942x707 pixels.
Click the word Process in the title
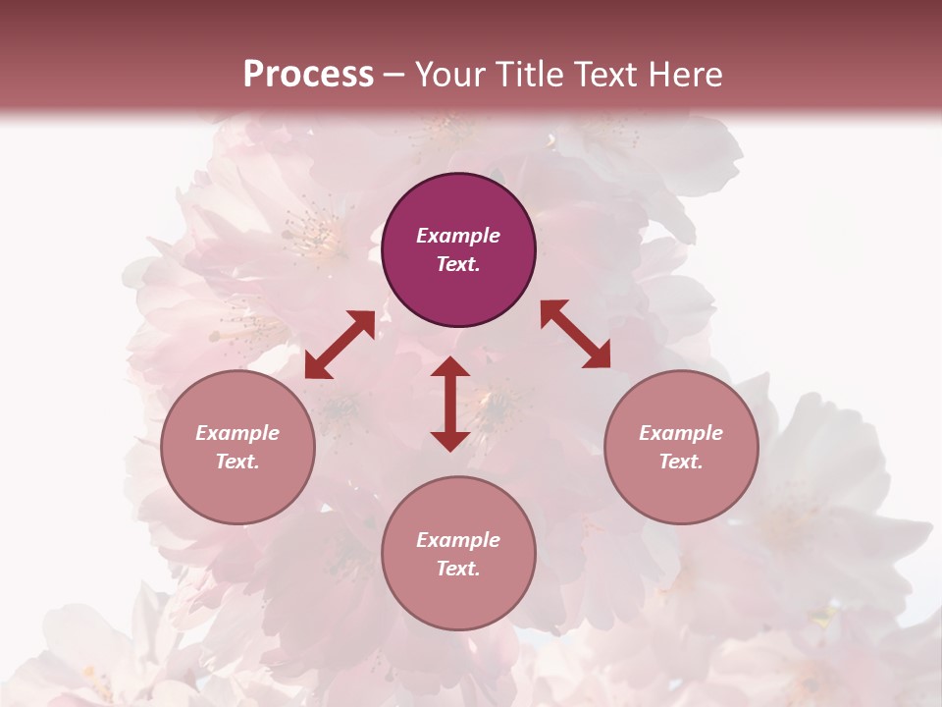coord(308,75)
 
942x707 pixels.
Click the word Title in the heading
coord(529,75)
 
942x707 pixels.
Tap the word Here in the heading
coord(683,75)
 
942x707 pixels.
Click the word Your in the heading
coord(452,75)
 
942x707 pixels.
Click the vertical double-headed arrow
coord(450,405)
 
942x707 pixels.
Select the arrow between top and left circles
coord(340,345)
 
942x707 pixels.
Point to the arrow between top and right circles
coord(576,334)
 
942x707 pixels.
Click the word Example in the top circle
coord(458,236)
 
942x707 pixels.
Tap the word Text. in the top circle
coord(458,264)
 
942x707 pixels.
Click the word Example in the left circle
coord(237,433)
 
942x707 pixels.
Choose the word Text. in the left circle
coord(237,462)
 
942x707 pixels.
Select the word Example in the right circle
coord(681,433)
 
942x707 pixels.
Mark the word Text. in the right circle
coord(681,462)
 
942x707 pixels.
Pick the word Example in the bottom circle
coord(458,540)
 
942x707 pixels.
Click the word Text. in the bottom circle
coord(458,569)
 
